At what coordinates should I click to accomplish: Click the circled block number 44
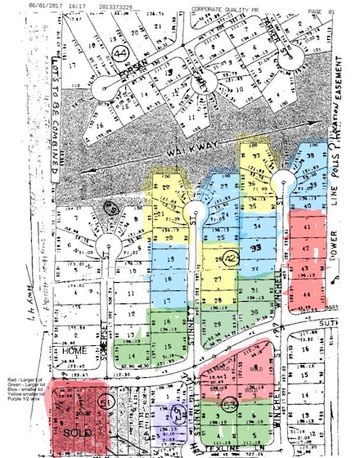(x=123, y=53)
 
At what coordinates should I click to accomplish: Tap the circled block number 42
(x=232, y=258)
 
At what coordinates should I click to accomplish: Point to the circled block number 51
(x=106, y=402)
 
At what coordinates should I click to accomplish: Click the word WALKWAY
(x=188, y=153)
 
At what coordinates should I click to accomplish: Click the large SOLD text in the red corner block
(x=68, y=429)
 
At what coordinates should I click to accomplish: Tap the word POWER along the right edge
(x=333, y=253)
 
